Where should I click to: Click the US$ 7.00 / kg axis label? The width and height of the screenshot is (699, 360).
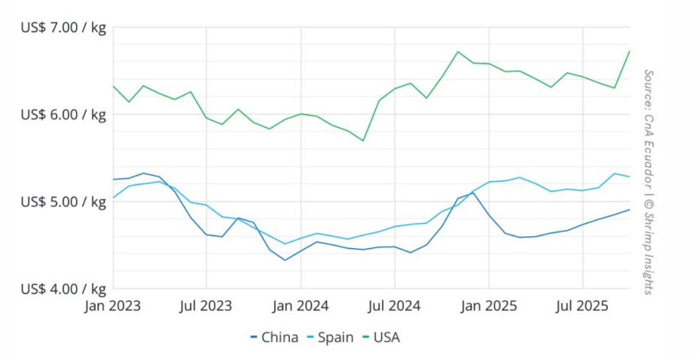[x=63, y=28]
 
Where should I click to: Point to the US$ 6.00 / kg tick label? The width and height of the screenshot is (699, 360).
[x=63, y=115]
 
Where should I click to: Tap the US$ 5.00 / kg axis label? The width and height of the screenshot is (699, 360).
[x=63, y=202]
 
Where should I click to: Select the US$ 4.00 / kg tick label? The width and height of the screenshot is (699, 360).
[x=63, y=289]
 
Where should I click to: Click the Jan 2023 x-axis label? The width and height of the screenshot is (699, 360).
[x=112, y=306]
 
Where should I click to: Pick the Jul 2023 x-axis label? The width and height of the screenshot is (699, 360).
[x=206, y=306]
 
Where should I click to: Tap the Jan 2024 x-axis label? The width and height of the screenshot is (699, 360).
[x=301, y=306]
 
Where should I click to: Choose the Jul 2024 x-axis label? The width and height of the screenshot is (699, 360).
[x=395, y=306]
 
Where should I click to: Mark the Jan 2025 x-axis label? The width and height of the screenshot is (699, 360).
[x=489, y=306]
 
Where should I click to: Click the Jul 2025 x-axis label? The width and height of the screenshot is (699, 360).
[x=582, y=306]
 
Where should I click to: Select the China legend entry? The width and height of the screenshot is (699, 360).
[x=274, y=337]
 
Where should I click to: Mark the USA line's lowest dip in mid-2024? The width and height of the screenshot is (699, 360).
[x=363, y=141]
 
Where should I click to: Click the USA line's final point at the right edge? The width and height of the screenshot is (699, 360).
[x=630, y=51]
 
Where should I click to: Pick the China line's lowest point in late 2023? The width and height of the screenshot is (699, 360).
[x=285, y=260]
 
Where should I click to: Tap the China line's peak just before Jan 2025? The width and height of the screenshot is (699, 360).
[x=473, y=192]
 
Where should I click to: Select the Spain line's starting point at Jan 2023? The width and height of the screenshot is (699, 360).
[x=113, y=198]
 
